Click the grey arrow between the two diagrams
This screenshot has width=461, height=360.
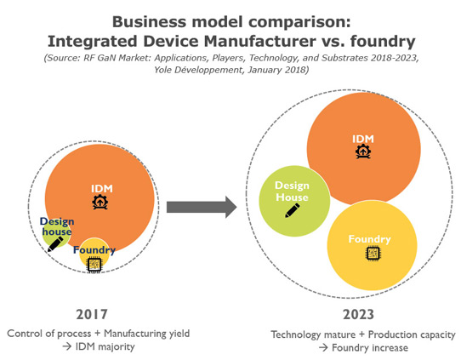(202, 207)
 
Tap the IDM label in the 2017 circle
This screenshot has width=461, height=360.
(102, 189)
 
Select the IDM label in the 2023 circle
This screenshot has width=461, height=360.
(363, 139)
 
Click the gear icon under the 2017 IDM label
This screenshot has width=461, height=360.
(100, 202)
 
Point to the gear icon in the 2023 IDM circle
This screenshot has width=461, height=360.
(363, 151)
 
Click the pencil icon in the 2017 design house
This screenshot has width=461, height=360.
(55, 244)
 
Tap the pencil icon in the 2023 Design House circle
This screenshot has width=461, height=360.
(293, 210)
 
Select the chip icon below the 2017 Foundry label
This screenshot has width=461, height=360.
(94, 265)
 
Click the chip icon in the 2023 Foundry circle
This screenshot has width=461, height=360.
(373, 253)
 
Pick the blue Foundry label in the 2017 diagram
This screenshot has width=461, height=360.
(94, 250)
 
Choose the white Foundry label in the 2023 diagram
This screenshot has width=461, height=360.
(369, 239)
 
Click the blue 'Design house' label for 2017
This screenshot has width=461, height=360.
(57, 226)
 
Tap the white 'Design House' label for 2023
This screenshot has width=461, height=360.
(292, 191)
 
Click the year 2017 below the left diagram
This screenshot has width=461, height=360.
(92, 314)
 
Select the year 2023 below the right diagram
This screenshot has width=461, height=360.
(358, 314)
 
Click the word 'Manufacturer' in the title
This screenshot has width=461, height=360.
(260, 41)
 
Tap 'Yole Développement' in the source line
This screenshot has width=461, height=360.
(199, 70)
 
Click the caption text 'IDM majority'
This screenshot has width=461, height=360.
(105, 346)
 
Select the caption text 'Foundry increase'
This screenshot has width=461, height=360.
(370, 347)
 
